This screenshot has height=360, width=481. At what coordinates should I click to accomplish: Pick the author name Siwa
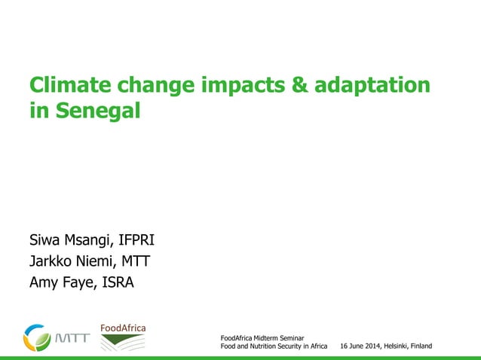46,241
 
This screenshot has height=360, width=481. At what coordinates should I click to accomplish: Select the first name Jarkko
52,262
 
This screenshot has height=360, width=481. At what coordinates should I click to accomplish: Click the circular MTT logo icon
37,337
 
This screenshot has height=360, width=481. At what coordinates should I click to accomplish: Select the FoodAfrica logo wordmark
123,328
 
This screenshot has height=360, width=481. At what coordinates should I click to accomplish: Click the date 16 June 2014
363,346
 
